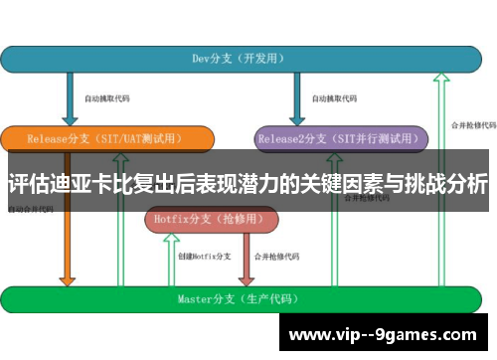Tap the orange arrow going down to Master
(x=68, y=249)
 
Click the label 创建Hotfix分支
(x=204, y=256)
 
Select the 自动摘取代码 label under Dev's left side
(x=106, y=98)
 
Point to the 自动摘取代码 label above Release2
(x=334, y=98)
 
